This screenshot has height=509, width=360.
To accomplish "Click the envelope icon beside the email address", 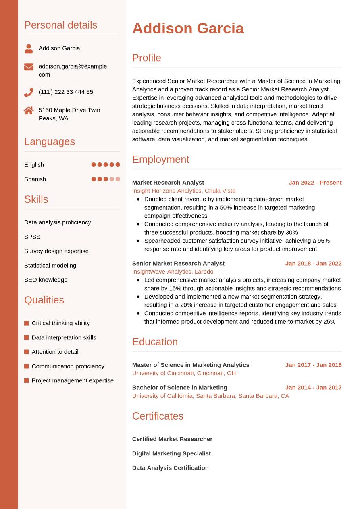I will [x=29, y=66].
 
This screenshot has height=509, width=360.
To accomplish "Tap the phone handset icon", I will [x=29, y=92].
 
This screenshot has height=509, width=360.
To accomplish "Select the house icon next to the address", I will [x=29, y=110].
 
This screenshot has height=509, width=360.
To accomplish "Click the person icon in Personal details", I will [x=29, y=48].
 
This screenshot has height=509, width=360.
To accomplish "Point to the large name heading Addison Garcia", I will [x=188, y=29].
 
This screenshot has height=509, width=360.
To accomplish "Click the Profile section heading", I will [x=146, y=58].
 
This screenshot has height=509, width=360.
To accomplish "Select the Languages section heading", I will [x=50, y=142].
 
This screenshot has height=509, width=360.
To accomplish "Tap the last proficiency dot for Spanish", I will [x=118, y=179].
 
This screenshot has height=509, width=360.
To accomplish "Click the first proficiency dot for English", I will [x=94, y=164].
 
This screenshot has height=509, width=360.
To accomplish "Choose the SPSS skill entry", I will [x=32, y=237].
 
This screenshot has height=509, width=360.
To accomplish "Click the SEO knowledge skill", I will [x=46, y=280].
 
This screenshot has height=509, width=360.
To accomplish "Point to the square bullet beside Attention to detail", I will [x=27, y=352].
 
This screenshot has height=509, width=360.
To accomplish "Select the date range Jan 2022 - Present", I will [x=315, y=183].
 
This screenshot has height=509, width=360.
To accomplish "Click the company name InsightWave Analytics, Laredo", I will [x=173, y=272].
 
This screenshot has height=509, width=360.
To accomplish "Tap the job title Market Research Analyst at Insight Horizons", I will [x=168, y=183].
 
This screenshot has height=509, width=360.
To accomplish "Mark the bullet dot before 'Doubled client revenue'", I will [x=138, y=199].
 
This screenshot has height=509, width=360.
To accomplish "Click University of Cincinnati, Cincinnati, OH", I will [x=184, y=373].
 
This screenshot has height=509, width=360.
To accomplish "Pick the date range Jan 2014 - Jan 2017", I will [x=313, y=388].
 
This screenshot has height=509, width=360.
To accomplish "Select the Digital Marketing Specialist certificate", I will [x=171, y=453].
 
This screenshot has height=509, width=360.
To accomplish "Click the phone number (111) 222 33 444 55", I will [x=66, y=92].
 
